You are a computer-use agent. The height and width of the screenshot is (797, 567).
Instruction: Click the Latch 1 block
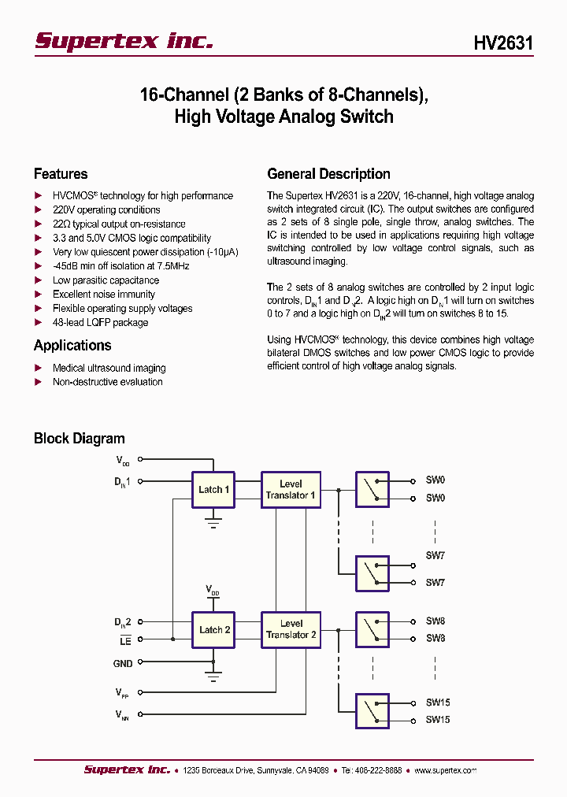[x=213, y=490]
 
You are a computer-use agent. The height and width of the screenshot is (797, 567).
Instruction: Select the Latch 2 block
[x=213, y=630]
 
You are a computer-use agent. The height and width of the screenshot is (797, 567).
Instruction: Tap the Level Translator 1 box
[x=291, y=490]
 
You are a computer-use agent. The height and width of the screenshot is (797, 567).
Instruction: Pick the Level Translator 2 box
[x=291, y=629]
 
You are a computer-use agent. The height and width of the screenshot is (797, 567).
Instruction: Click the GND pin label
[x=123, y=664]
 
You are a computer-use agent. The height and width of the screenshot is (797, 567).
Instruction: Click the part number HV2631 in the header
[x=503, y=43]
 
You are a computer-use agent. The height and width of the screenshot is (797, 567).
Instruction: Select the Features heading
[x=61, y=174]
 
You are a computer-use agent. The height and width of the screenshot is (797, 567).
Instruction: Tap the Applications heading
[x=72, y=345]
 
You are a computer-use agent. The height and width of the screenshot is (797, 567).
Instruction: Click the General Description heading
[x=328, y=174]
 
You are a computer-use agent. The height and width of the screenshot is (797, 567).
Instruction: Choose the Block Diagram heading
[x=79, y=439]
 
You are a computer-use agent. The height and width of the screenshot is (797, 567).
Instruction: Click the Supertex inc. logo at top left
[x=124, y=41]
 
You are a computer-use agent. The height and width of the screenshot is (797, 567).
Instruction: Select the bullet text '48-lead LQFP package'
[x=100, y=322]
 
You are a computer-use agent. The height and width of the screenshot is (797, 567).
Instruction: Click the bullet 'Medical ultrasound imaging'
[x=109, y=368]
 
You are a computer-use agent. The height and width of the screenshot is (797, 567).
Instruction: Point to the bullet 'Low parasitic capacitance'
[x=106, y=280]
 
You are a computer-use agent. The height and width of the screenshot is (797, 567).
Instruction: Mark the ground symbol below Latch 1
[x=213, y=521]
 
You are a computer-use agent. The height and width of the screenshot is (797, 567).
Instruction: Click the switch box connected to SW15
[x=372, y=711]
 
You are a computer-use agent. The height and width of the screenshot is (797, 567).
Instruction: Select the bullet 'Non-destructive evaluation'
[x=107, y=382]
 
